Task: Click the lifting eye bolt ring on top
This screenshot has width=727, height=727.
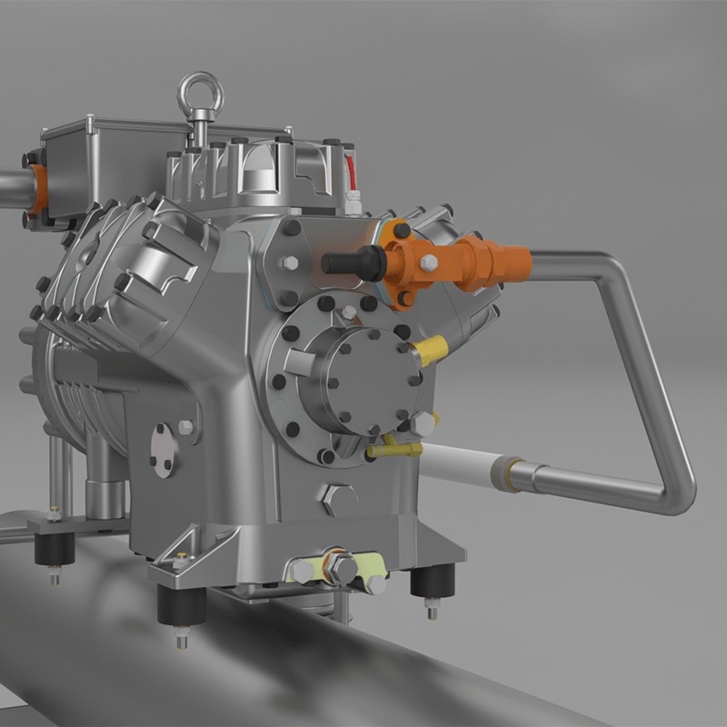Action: [199, 94]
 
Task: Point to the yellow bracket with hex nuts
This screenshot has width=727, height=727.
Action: [336, 567]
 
